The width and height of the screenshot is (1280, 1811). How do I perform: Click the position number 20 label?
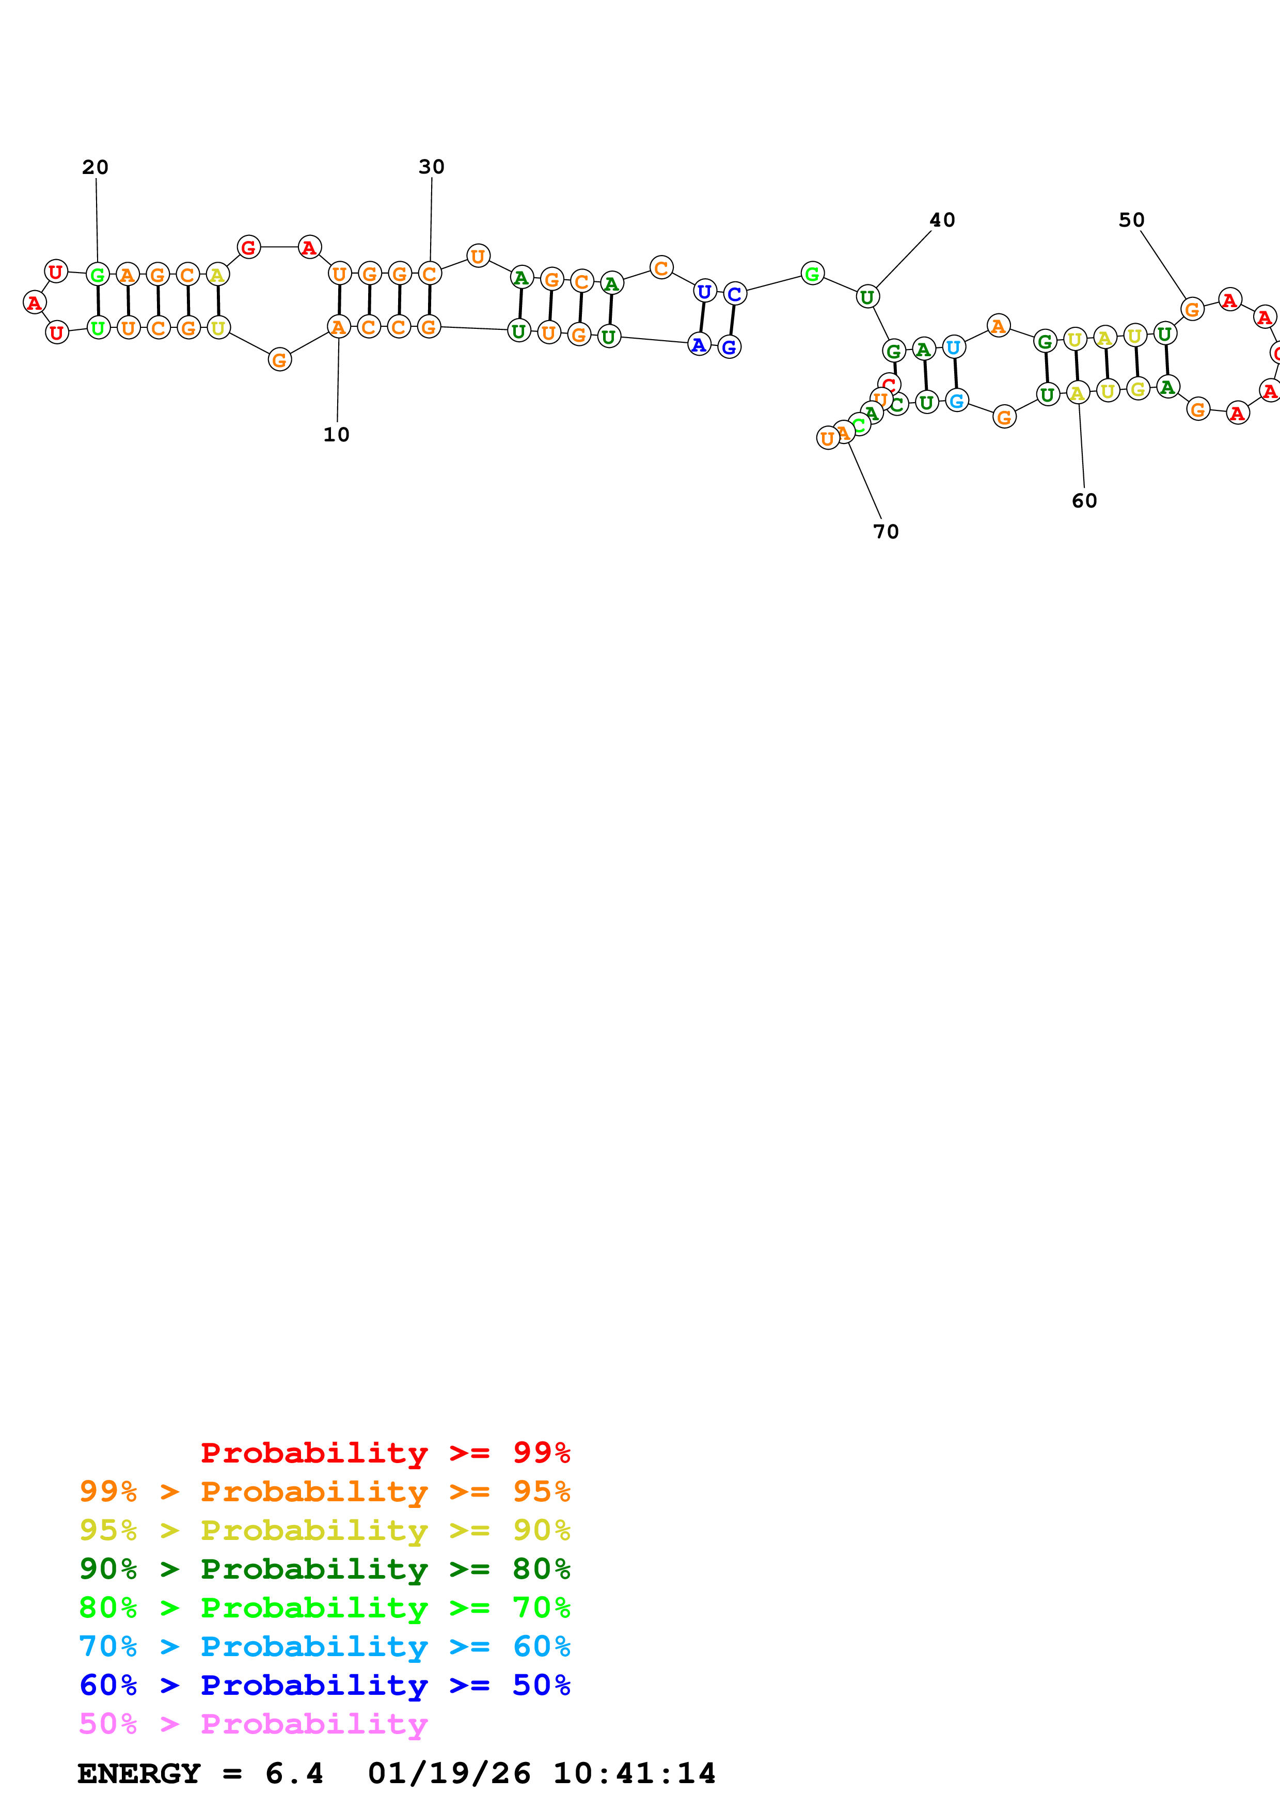[96, 167]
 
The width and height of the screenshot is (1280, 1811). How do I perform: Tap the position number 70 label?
[886, 532]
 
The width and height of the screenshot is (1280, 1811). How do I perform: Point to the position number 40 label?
[942, 220]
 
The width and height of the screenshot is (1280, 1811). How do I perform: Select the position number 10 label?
[336, 435]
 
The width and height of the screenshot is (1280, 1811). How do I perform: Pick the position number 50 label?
[1131, 220]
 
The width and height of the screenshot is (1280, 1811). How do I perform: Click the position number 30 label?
[431, 167]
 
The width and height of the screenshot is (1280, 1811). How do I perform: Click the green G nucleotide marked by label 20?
[98, 275]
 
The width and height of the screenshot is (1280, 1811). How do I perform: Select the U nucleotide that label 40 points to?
[867, 297]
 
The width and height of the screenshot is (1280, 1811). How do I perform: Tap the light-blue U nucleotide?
[954, 347]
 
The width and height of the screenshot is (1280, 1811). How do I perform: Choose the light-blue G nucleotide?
[957, 402]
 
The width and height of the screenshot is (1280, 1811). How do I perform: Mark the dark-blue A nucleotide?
[699, 345]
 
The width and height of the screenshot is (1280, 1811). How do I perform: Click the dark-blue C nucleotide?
[734, 294]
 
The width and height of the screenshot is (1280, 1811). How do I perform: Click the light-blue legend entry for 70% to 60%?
[324, 1646]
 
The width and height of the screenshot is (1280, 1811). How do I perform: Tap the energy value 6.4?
[294, 1773]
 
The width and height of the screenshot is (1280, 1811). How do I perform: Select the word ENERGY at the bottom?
[139, 1773]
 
